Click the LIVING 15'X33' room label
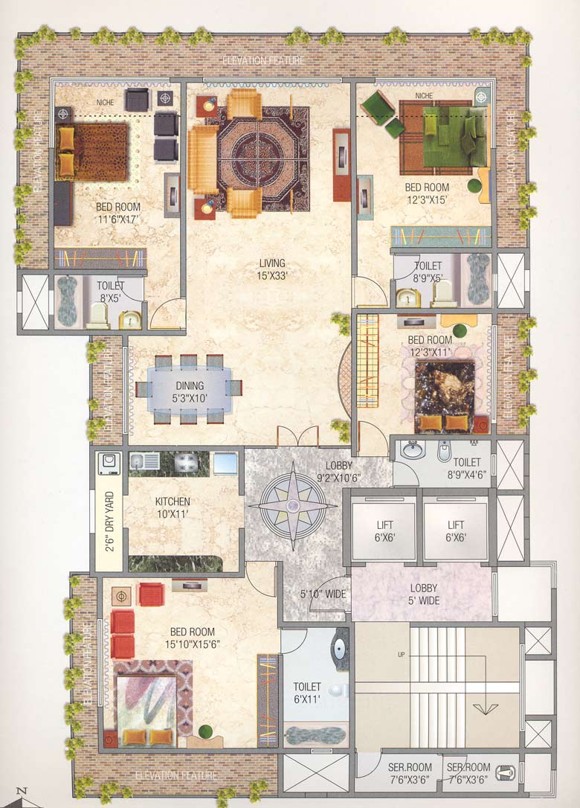[272, 269]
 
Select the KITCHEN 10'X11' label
[173, 507]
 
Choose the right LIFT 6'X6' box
[456, 531]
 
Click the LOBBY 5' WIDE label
[423, 582]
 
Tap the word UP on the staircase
[400, 655]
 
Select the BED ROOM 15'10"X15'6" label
[193, 638]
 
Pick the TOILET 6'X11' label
[307, 693]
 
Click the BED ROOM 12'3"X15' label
[427, 193]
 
